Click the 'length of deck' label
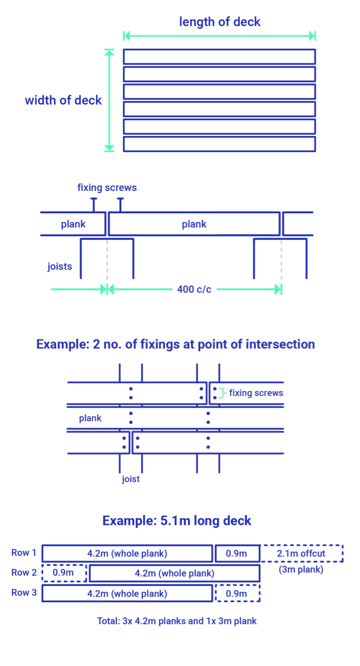[219, 22]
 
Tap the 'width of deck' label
[63, 100]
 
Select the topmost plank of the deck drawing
[219, 57]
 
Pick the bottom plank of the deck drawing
[219, 144]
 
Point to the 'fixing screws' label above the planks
[107, 188]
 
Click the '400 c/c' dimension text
[194, 289]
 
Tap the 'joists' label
[60, 266]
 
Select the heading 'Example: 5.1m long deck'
[176, 520]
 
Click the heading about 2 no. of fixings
[175, 344]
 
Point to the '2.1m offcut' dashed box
[301, 553]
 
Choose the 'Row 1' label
[24, 553]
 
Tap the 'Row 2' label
[24, 572]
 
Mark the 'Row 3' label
[24, 592]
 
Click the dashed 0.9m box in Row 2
[64, 573]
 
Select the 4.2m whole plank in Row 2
[174, 573]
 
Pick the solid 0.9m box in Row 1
[237, 553]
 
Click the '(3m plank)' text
[300, 569]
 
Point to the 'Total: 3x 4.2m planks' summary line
[176, 621]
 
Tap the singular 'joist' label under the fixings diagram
[130, 479]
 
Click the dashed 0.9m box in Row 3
[237, 594]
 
